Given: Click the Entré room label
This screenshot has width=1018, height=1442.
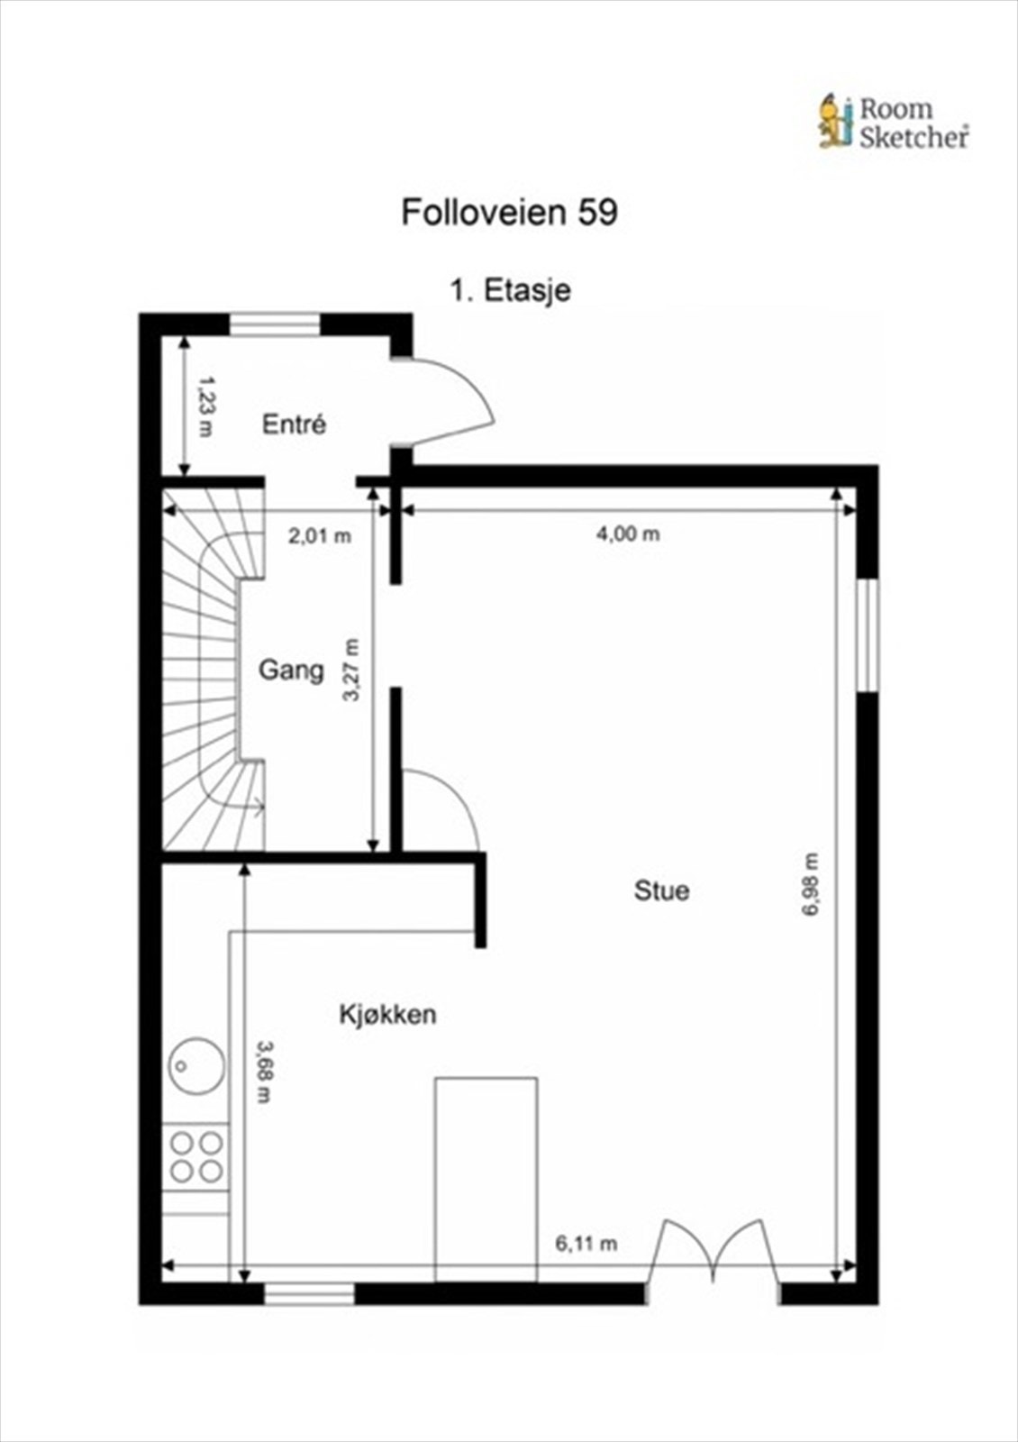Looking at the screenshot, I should [x=294, y=424].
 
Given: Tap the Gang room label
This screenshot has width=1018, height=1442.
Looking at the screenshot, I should [x=291, y=670].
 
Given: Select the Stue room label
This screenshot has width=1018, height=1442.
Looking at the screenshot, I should [x=661, y=890].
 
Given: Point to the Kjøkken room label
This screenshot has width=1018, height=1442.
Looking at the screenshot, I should [x=387, y=1014].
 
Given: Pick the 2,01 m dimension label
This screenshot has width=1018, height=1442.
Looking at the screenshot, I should [x=319, y=536].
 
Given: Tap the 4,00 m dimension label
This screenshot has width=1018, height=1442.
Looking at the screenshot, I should [x=628, y=534].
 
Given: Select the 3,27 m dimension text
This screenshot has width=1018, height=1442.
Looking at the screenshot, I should [x=351, y=670].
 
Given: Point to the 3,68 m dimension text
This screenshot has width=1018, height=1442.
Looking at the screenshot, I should [x=263, y=1072].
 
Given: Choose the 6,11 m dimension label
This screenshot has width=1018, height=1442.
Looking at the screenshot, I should [x=586, y=1244].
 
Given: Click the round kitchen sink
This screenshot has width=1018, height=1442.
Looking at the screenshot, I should [x=196, y=1065].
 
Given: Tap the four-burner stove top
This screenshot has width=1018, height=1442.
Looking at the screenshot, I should [x=196, y=1157].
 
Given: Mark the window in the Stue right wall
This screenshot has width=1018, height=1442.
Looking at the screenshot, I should [x=867, y=635].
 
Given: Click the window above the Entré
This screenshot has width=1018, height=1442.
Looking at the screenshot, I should [x=275, y=324].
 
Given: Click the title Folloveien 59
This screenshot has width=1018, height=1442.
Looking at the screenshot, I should [x=509, y=213].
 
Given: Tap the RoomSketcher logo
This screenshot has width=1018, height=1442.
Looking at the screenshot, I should [x=893, y=123].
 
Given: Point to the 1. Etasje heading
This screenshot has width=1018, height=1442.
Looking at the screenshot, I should [x=510, y=290].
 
